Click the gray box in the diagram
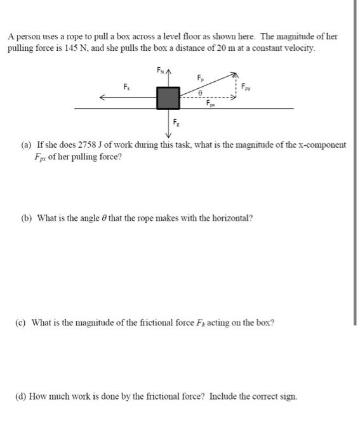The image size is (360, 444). point(168,98)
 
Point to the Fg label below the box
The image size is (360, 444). point(175,122)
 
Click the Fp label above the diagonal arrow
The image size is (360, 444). point(201,78)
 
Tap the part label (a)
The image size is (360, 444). point(26,145)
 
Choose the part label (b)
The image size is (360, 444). point(26,218)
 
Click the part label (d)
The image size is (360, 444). point(26,396)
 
